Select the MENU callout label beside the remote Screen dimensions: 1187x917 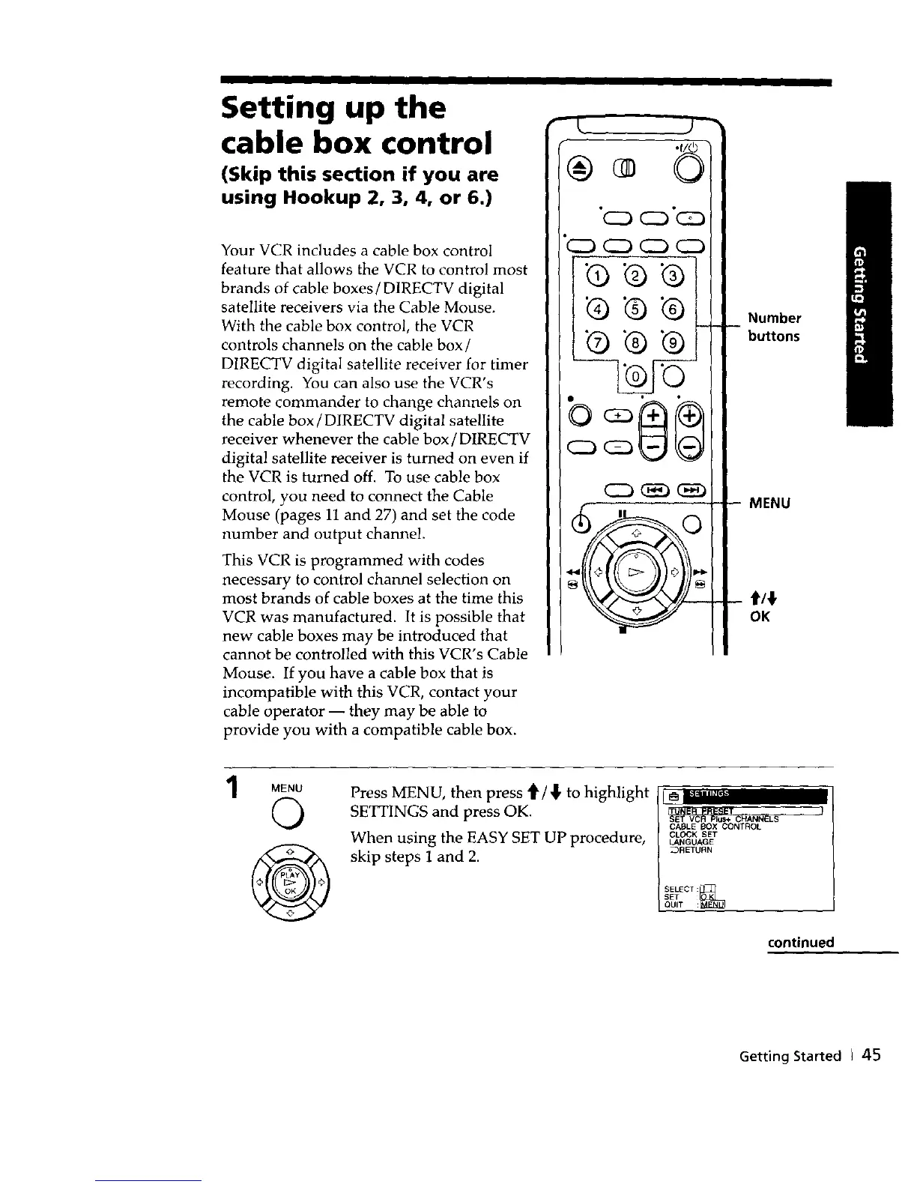tap(769, 504)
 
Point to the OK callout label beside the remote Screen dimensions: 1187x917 tap(760, 617)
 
